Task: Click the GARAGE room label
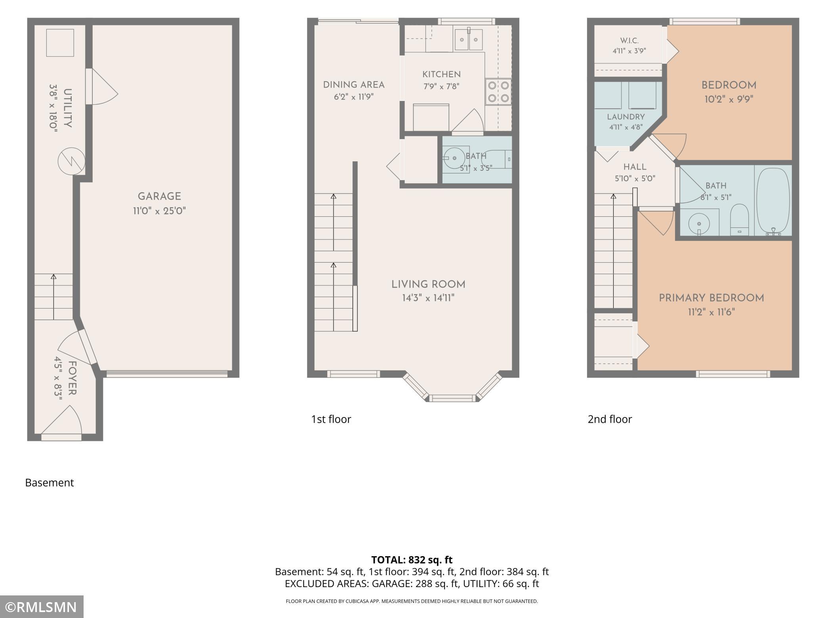coord(159,196)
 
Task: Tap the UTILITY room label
coord(67,108)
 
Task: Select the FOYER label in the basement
coord(72,378)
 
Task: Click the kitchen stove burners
coord(498,92)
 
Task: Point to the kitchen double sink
coord(468,39)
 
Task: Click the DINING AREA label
coord(354,85)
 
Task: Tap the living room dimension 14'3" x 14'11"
coord(428,298)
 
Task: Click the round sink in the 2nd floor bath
coord(699,224)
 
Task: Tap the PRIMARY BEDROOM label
coord(711,298)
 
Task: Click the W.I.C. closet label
coord(629,41)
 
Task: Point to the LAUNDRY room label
coord(626,117)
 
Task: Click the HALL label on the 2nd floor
coord(635,167)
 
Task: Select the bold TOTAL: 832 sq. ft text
coord(412,560)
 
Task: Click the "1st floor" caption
coord(331,419)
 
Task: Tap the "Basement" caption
coord(50,483)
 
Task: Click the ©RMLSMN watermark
coord(41,607)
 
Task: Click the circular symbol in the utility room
coord(71,161)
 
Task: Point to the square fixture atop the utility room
coord(60,43)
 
